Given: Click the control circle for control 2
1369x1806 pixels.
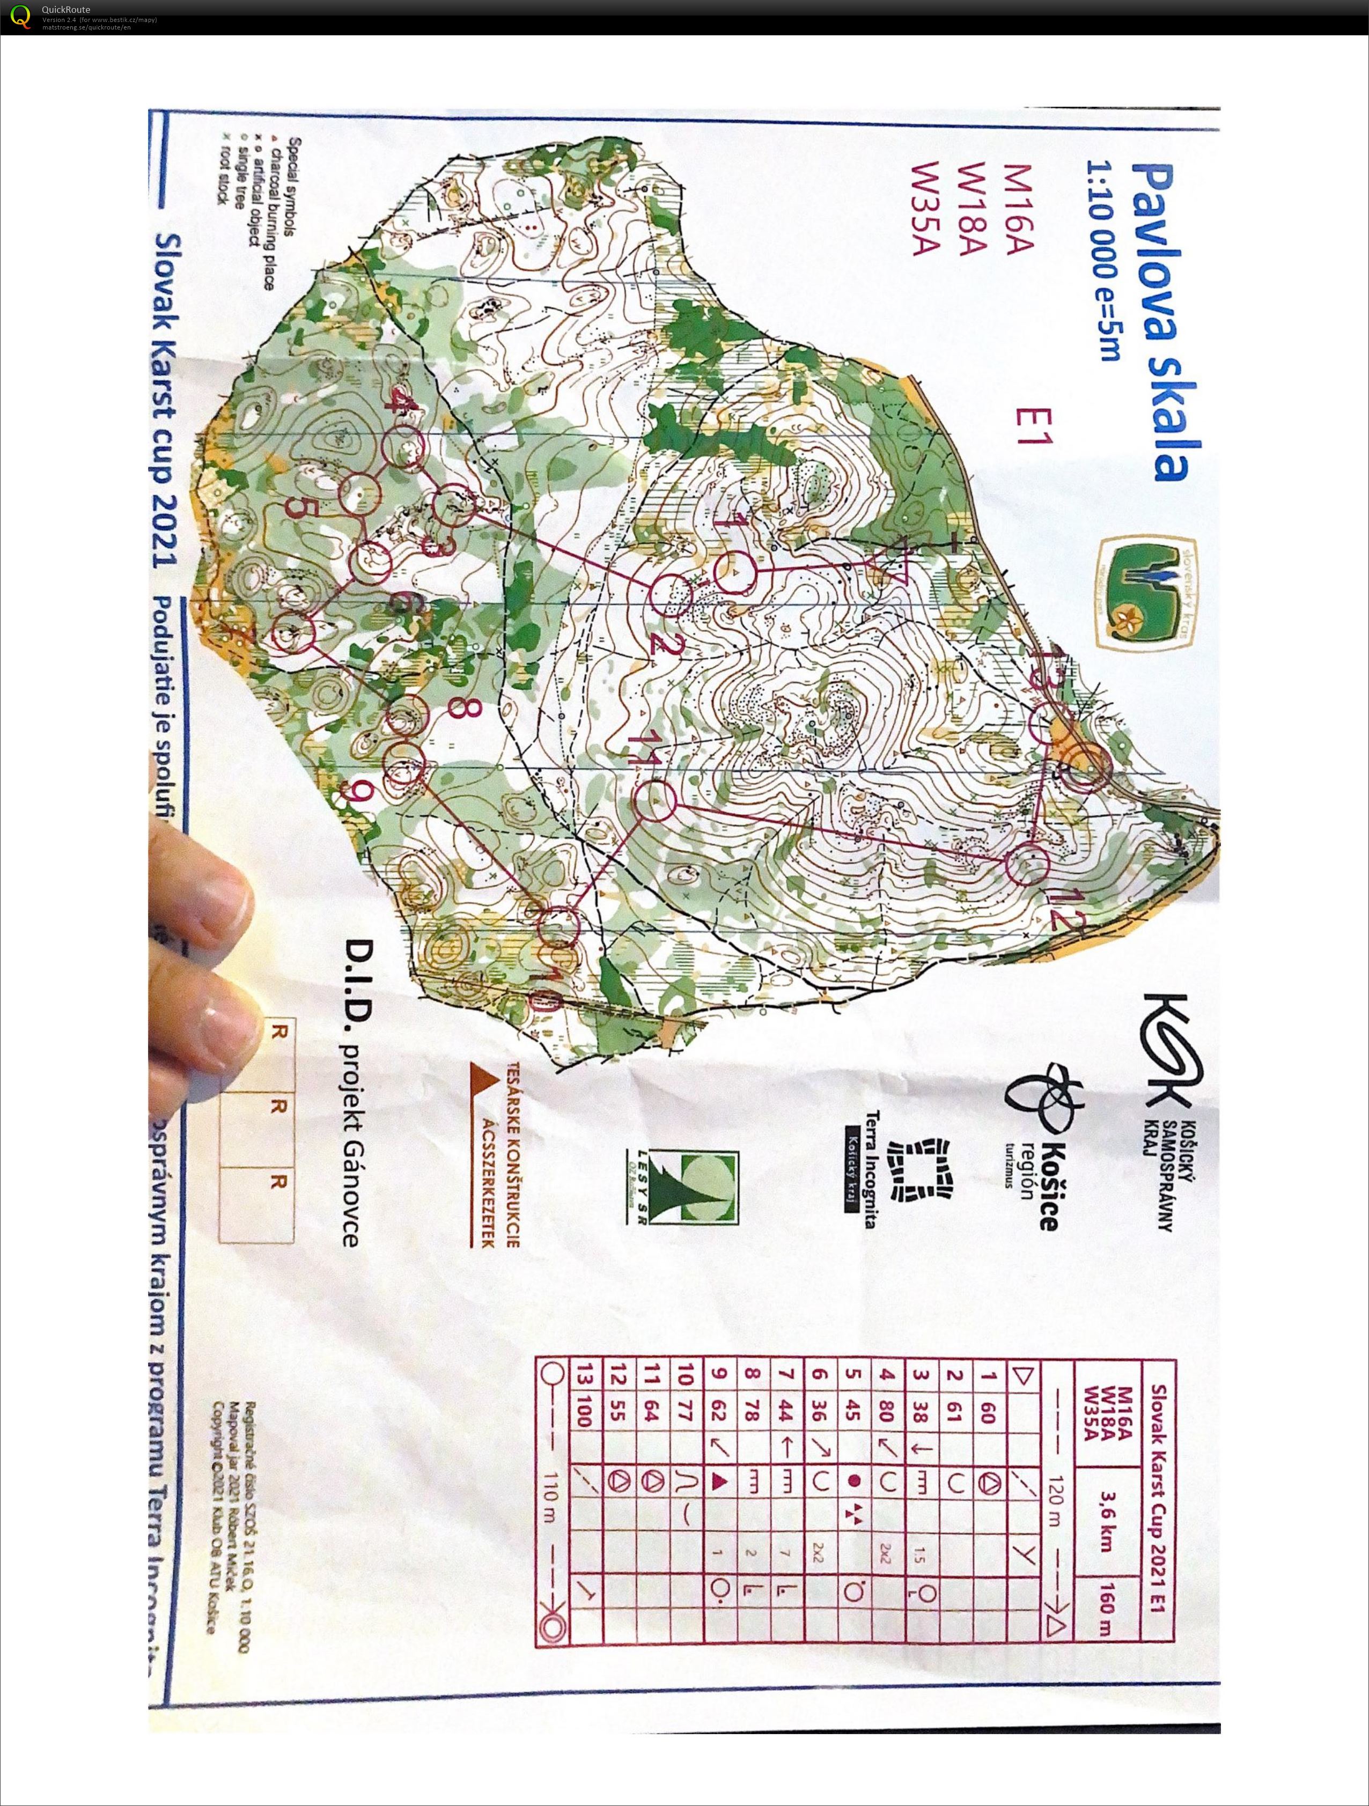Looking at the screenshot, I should coord(671,594).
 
